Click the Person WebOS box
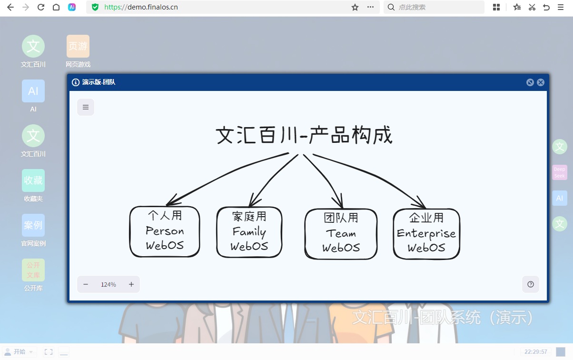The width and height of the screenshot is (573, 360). [165, 231]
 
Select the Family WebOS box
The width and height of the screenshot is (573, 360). [249, 232]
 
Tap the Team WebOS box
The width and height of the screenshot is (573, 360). [341, 234]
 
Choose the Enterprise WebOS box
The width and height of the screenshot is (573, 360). [426, 233]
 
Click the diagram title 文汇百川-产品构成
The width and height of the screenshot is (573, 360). [304, 135]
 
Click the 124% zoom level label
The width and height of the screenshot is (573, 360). [109, 284]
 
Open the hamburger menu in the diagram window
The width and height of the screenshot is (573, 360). [86, 107]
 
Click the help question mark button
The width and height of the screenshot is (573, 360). [531, 284]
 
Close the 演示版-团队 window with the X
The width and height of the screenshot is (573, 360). [541, 82]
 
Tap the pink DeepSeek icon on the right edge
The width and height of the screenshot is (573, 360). [560, 172]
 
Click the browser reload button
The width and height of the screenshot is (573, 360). [41, 7]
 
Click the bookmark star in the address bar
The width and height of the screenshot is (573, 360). [355, 7]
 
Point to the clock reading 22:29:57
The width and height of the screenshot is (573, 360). [536, 352]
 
